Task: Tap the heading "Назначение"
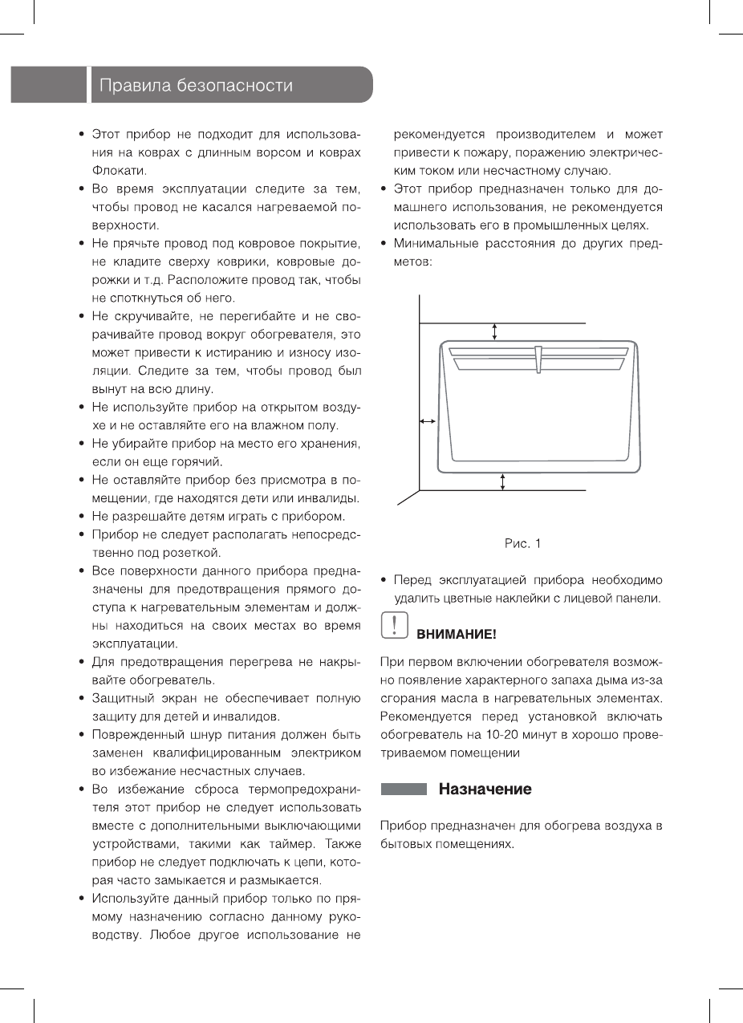tap(485, 790)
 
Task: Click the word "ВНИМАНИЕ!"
tap(456, 635)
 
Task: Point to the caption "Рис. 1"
tap(522, 543)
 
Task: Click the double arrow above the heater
tap(495, 331)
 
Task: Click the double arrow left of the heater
tap(428, 420)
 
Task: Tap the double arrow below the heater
tap(503, 481)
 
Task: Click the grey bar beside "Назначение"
tap(404, 790)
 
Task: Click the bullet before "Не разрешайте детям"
tap(83, 516)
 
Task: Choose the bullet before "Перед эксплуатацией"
tap(385, 579)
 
